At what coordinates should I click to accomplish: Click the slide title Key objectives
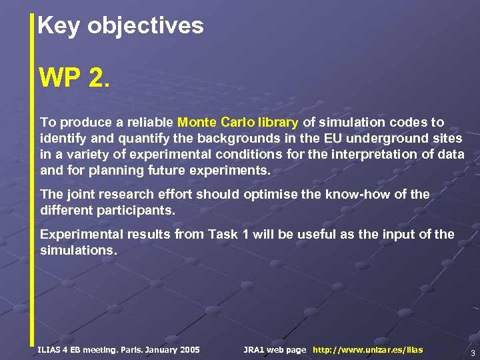(x=121, y=26)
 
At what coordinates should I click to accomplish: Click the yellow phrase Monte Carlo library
(x=239, y=123)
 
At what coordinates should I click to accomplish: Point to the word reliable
(x=151, y=123)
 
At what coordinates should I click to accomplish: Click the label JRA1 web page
(x=275, y=350)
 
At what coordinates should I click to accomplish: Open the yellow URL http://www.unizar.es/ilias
(x=367, y=350)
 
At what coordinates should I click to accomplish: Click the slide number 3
(x=472, y=353)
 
